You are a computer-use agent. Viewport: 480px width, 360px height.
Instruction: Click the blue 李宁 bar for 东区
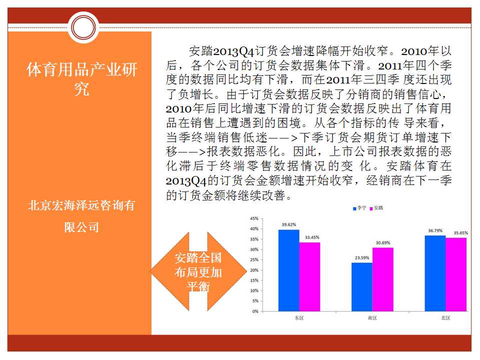pos(288,270)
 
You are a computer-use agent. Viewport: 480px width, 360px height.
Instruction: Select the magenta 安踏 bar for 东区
pos(309,276)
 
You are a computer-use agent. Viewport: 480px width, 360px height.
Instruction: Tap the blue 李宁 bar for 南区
pos(362,287)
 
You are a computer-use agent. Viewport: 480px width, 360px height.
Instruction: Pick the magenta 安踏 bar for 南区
pos(382,279)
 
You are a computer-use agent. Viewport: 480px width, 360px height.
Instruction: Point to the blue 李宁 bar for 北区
pos(435,273)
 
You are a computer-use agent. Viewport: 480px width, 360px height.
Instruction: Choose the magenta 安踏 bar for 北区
pos(456,274)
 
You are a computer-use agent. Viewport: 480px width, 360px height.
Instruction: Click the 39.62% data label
pos(288,224)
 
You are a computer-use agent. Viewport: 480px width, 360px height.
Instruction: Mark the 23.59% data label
pos(362,258)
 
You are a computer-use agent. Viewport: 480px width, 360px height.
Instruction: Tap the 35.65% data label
pos(460,232)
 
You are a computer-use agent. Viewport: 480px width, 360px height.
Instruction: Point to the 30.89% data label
pos(383,243)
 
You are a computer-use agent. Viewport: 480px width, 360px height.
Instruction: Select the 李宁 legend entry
pos(359,208)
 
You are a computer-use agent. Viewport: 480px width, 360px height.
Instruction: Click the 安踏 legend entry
pos(376,208)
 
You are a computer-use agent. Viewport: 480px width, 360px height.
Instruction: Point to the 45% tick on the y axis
pos(254,218)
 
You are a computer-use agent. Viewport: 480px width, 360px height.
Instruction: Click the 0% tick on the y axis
pos(255,311)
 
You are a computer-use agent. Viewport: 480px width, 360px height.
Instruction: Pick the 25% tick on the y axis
pos(254,259)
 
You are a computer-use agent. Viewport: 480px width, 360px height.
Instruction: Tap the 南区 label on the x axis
pos(372,318)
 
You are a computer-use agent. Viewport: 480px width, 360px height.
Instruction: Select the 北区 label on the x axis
pos(445,318)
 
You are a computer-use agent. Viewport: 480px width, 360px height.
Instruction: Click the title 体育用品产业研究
pos(81,79)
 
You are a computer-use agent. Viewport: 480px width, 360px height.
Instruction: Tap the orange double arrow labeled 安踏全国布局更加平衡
pos(198,271)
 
